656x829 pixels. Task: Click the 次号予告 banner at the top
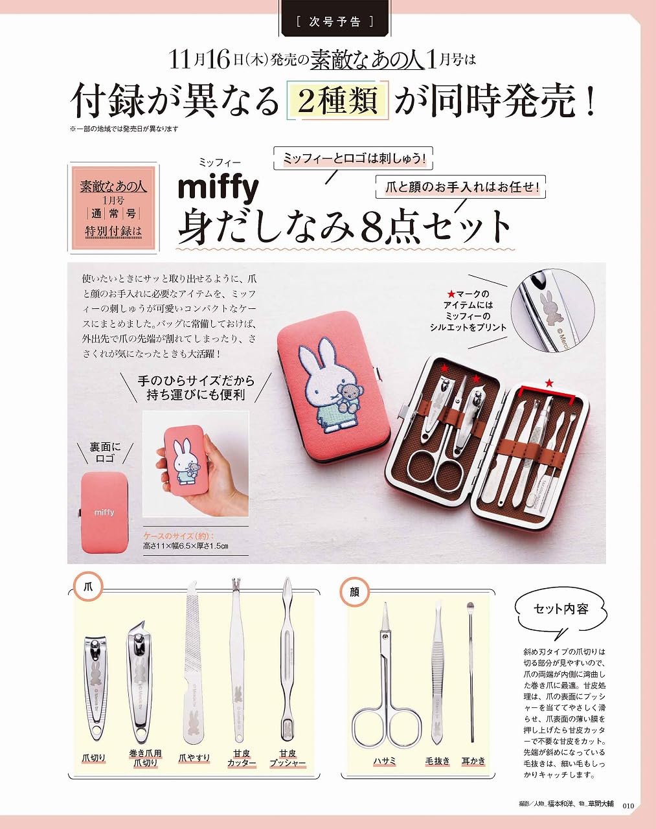[x=335, y=21]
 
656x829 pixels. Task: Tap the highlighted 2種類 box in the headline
[x=337, y=102]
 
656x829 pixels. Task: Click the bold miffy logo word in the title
[x=218, y=188]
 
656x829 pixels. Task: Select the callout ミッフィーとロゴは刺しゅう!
[x=354, y=158]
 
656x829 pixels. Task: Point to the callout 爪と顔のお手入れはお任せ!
[x=461, y=187]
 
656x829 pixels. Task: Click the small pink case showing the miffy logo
[x=105, y=512]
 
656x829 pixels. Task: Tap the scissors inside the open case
[x=430, y=463]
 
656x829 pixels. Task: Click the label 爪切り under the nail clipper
[x=94, y=758]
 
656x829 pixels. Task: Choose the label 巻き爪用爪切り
[x=145, y=758]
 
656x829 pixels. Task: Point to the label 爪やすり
[x=194, y=758]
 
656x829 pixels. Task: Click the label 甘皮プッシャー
[x=288, y=758]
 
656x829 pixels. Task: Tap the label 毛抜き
[x=437, y=761]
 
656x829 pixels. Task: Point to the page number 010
[x=627, y=806]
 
